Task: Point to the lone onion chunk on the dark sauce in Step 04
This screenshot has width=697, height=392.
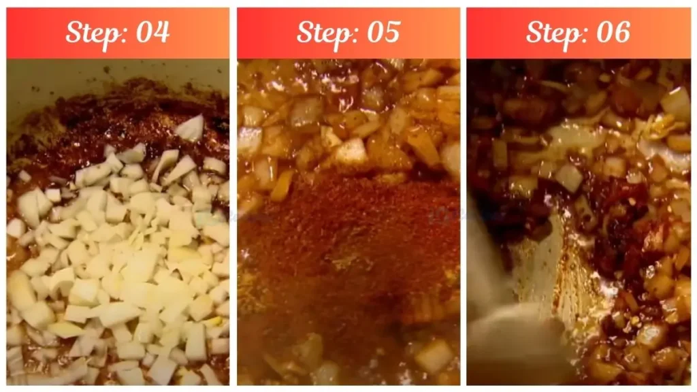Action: tap(190, 128)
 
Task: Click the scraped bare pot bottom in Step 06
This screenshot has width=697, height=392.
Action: tap(545, 272)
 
